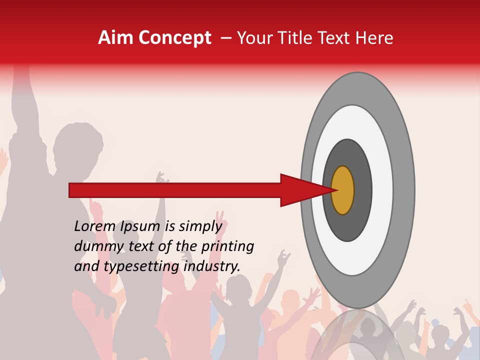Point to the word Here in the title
coord(374,38)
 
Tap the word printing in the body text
coord(227,247)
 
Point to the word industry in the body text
coord(212,266)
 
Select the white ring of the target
coord(382,190)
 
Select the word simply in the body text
coord(200,227)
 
